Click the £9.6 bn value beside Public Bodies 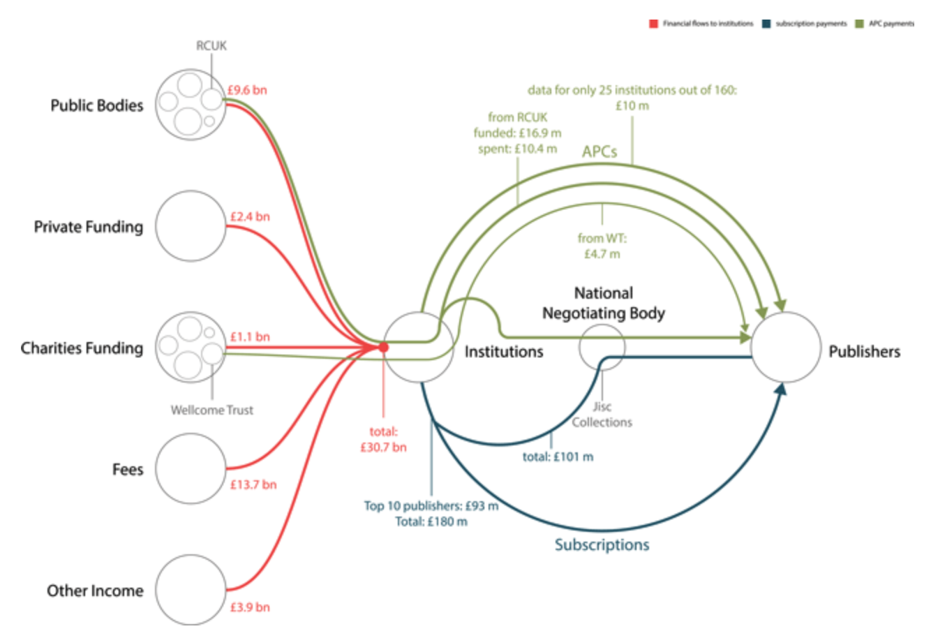(247, 90)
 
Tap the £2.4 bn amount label (250, 216)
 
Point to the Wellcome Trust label (212, 410)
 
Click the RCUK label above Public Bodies (211, 45)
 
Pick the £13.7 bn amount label (253, 484)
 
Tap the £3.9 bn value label (250, 607)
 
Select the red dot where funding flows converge (383, 348)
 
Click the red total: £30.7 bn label (384, 440)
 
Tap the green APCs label (600, 151)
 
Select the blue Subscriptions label (602, 544)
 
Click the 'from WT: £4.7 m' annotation (602, 246)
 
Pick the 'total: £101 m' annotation (558, 457)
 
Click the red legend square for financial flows (653, 24)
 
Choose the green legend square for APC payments (859, 24)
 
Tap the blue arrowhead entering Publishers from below (781, 390)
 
